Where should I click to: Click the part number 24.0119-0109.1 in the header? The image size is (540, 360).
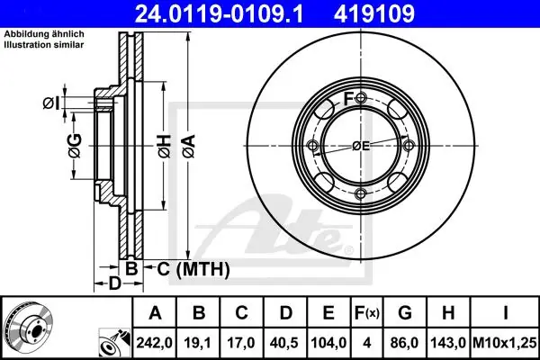tap(219, 13)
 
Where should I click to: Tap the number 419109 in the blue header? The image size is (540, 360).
tap(374, 13)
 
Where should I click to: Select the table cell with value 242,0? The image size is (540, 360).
tap(154, 343)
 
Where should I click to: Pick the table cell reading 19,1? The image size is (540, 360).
tap(198, 343)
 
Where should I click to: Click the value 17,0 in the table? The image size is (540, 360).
tap(241, 343)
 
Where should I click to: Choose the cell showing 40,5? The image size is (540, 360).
tap(284, 343)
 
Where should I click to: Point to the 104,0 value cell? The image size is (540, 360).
tap(328, 343)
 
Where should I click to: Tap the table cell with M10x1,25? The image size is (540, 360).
tap(505, 343)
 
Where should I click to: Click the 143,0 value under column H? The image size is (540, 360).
tap(448, 343)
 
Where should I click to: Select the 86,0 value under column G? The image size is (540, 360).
tap(405, 343)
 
